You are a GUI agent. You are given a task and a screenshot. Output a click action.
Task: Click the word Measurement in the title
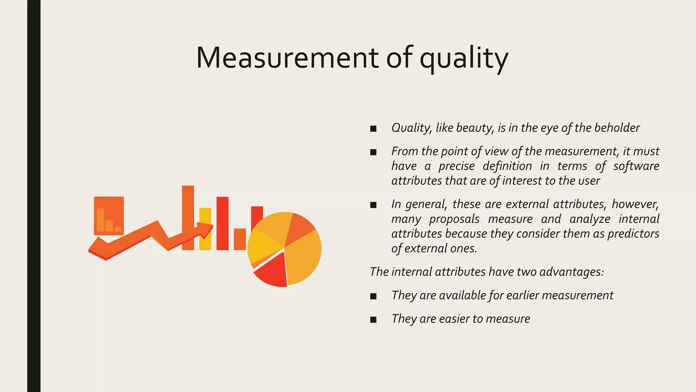pyautogui.click(x=287, y=58)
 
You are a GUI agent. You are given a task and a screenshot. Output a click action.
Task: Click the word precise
pyautogui.click(x=456, y=166)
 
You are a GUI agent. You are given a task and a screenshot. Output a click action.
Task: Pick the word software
pyautogui.click(x=636, y=166)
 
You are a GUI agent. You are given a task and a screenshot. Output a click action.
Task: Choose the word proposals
pyautogui.click(x=454, y=219)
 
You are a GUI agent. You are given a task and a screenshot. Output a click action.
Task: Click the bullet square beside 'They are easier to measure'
pyautogui.click(x=373, y=320)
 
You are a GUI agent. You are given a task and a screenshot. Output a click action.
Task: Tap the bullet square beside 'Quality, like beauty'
pyautogui.click(x=373, y=129)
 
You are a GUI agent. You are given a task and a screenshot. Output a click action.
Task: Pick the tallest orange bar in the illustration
pyautogui.click(x=188, y=211)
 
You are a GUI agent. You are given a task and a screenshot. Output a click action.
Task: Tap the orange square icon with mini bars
pyautogui.click(x=109, y=215)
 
